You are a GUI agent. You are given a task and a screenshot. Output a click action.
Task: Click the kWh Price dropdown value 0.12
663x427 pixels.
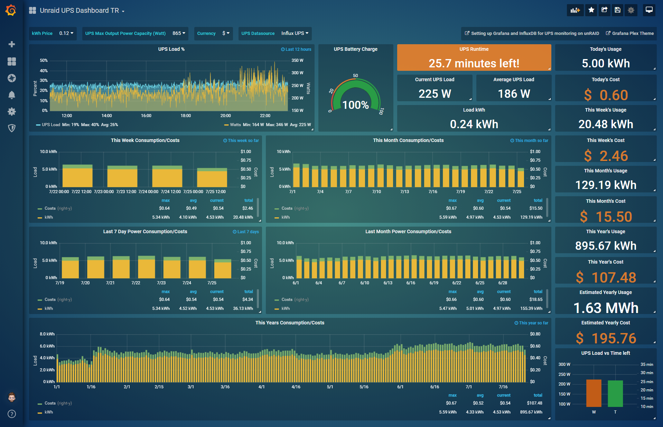click(x=66, y=34)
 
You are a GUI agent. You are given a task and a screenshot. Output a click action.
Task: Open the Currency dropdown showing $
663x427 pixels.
click(x=226, y=34)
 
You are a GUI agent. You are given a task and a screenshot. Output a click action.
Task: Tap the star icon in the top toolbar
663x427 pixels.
click(x=591, y=10)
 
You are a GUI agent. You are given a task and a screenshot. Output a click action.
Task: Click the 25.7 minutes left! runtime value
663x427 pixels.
click(x=474, y=64)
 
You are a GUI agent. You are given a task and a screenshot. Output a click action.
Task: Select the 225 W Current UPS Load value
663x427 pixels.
click(x=435, y=94)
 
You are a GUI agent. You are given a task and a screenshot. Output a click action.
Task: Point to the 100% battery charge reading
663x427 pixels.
click(x=355, y=105)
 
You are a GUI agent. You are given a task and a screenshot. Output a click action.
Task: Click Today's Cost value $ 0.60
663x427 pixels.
click(x=606, y=95)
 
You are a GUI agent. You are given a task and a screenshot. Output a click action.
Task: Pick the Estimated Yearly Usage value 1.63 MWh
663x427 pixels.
click(x=606, y=308)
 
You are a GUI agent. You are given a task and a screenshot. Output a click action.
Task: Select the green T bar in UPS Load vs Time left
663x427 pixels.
click(x=615, y=393)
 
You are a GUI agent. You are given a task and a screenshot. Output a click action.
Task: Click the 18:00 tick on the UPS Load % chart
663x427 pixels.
click(x=186, y=116)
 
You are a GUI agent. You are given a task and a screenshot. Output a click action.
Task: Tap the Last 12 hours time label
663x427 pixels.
click(x=296, y=49)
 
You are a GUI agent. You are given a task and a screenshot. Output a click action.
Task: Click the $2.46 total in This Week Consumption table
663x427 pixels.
click(x=248, y=208)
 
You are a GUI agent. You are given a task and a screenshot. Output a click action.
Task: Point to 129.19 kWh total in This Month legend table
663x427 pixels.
click(x=531, y=217)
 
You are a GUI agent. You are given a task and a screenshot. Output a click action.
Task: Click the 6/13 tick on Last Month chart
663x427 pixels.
click(x=388, y=283)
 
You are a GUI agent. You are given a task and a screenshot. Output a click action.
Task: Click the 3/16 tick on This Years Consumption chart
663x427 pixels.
click(x=225, y=387)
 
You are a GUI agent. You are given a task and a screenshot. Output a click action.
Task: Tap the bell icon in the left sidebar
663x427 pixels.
click(x=12, y=95)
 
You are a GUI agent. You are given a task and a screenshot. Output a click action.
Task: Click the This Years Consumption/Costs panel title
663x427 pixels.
click(x=290, y=323)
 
